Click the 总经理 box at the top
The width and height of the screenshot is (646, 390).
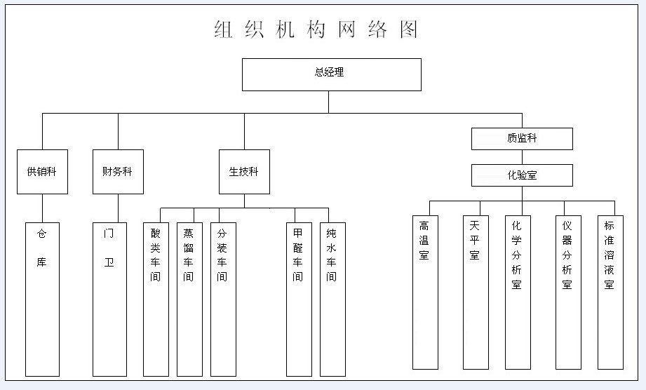click(331, 74)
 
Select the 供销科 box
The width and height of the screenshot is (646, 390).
click(42, 171)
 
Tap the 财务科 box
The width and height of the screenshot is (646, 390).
click(118, 171)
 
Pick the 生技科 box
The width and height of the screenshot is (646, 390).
click(244, 171)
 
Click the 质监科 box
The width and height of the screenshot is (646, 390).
click(521, 139)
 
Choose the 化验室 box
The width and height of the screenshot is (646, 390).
click(521, 175)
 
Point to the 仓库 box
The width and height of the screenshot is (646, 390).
click(42, 299)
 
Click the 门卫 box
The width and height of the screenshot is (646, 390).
click(109, 299)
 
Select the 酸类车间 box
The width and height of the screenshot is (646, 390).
click(156, 299)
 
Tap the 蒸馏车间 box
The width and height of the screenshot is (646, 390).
click(189, 299)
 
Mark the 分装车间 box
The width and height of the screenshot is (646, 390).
click(222, 299)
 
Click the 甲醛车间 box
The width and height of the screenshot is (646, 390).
click(298, 299)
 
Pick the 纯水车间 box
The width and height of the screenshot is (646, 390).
click(332, 299)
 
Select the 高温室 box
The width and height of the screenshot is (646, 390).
click(424, 292)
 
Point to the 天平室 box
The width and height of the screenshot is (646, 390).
click(475, 292)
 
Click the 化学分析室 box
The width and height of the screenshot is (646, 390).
click(517, 292)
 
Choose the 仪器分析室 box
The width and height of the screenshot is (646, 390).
click(567, 292)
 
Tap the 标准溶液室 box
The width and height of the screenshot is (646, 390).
click(610, 292)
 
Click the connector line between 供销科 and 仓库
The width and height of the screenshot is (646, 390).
click(42, 208)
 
